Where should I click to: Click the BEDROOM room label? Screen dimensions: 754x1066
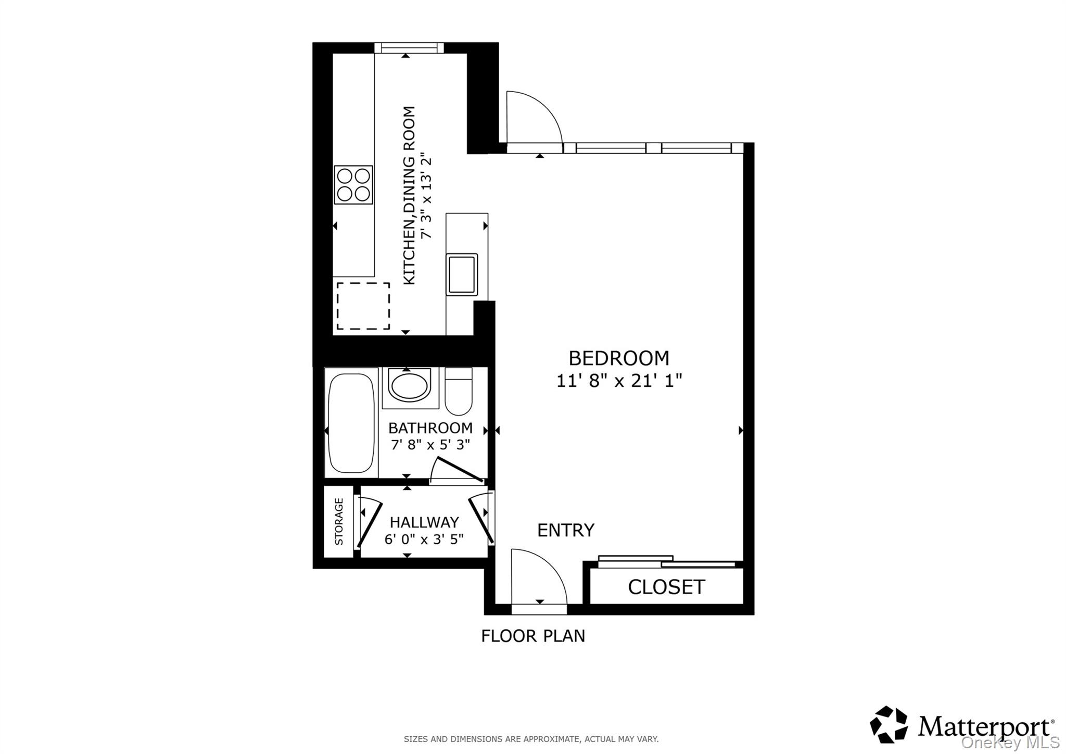click(x=618, y=358)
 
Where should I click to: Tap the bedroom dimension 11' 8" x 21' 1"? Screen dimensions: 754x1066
click(x=619, y=381)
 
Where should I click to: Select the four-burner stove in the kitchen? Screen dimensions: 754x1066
click(x=353, y=185)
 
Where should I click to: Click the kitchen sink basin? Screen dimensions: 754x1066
click(x=462, y=274)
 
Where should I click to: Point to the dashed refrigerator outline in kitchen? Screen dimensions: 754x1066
click(x=363, y=306)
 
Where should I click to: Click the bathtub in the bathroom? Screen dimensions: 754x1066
click(x=351, y=423)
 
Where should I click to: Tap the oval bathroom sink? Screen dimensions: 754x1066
click(x=410, y=386)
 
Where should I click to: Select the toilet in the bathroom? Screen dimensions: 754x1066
click(x=459, y=392)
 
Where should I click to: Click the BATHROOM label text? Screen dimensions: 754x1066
click(x=430, y=428)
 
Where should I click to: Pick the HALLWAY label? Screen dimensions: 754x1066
click(x=424, y=522)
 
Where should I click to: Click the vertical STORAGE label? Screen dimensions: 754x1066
click(x=339, y=522)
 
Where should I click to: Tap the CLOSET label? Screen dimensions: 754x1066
click(x=666, y=587)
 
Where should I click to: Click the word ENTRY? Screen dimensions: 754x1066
click(x=565, y=531)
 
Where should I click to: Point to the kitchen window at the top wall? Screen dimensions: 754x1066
click(x=409, y=48)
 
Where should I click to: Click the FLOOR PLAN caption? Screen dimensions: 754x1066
click(x=533, y=636)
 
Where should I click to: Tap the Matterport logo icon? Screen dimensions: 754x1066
click(x=889, y=724)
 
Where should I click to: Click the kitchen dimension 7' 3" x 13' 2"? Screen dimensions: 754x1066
click(x=426, y=195)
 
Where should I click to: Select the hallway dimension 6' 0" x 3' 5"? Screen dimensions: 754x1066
click(x=424, y=539)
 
